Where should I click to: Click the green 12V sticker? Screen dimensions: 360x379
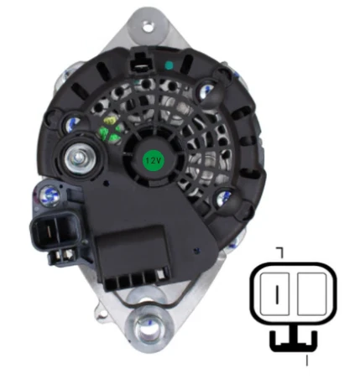tap(153, 160)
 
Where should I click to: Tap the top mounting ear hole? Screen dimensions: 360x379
tap(148, 28)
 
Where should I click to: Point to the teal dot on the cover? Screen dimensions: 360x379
tap(170, 65)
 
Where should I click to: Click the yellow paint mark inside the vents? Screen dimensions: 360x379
tap(109, 121)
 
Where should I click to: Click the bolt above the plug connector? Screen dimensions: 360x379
tap(50, 195)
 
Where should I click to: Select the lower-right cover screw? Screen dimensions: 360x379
tap(224, 198)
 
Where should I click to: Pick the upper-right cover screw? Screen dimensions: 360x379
tap(207, 89)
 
